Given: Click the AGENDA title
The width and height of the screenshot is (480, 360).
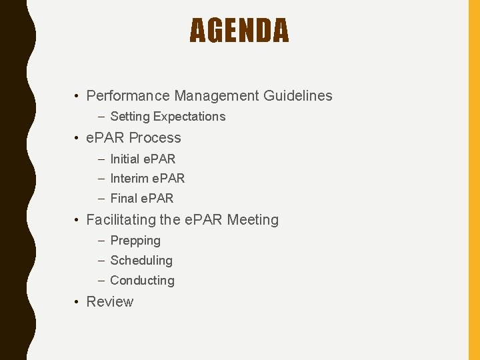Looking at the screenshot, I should tap(239, 31).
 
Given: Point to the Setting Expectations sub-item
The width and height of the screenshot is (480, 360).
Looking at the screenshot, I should tap(167, 117).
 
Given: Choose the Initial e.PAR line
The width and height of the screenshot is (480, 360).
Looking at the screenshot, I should tap(143, 159).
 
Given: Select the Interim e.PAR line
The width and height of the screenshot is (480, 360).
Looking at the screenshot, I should tap(147, 179).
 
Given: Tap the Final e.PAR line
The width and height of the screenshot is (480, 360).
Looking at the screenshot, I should tap(141, 199).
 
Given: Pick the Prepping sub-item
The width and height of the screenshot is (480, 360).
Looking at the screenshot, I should tap(135, 241).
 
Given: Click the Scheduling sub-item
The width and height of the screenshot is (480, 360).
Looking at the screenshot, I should tap(141, 261).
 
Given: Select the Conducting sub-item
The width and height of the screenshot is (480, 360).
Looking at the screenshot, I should tap(142, 281).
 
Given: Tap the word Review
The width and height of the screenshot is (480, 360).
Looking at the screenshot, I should tap(110, 302).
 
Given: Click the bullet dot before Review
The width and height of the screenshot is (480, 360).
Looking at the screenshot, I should tap(78, 303).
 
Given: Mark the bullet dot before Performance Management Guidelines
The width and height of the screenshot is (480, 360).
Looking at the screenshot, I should tap(78, 97).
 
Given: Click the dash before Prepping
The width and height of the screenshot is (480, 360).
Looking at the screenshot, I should tap(101, 241).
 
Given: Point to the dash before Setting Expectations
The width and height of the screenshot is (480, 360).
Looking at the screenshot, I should tap(101, 117).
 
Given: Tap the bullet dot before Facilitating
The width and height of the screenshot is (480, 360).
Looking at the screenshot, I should tap(78, 221).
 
